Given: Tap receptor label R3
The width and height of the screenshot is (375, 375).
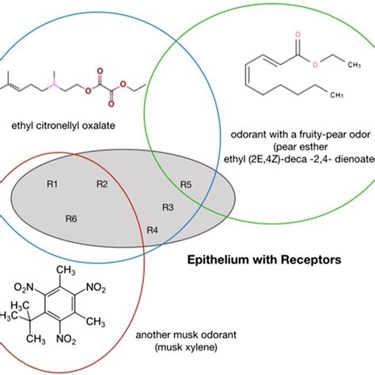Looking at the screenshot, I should pyautogui.click(x=168, y=207).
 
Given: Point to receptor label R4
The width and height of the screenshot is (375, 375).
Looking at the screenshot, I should pyautogui.click(x=153, y=230).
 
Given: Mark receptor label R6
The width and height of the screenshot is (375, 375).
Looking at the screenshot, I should pyautogui.click(x=71, y=218).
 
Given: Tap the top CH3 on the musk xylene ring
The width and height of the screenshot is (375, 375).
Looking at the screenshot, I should pyautogui.click(x=74, y=271).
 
